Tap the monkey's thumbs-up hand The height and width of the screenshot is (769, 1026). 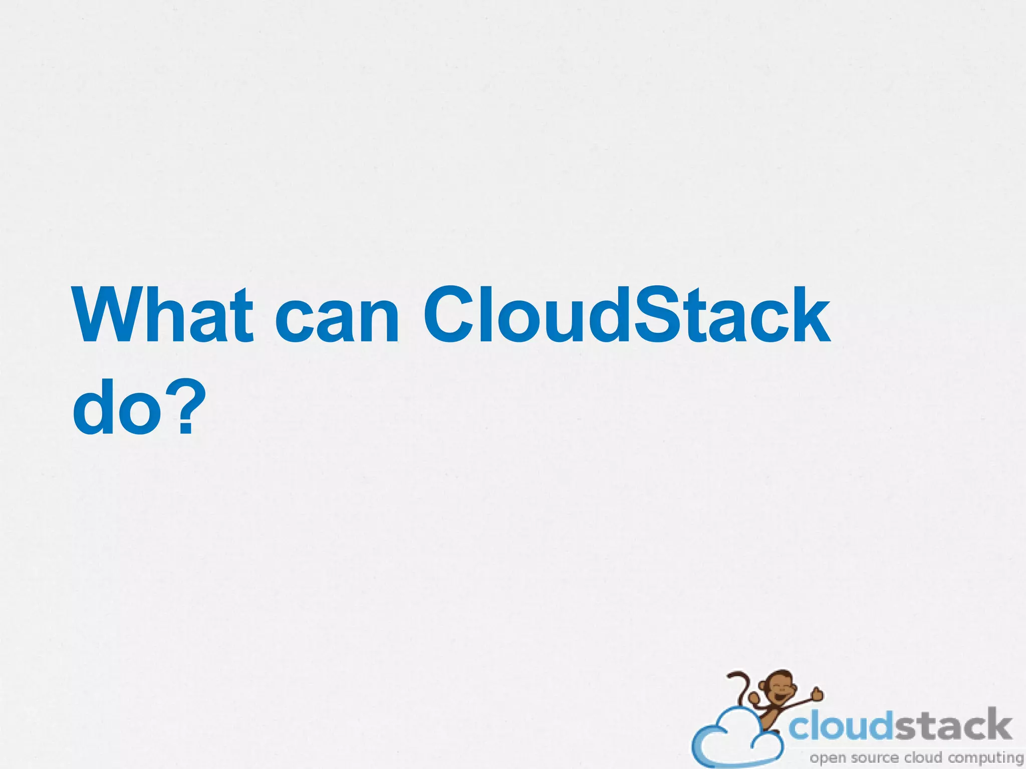pos(817,693)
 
